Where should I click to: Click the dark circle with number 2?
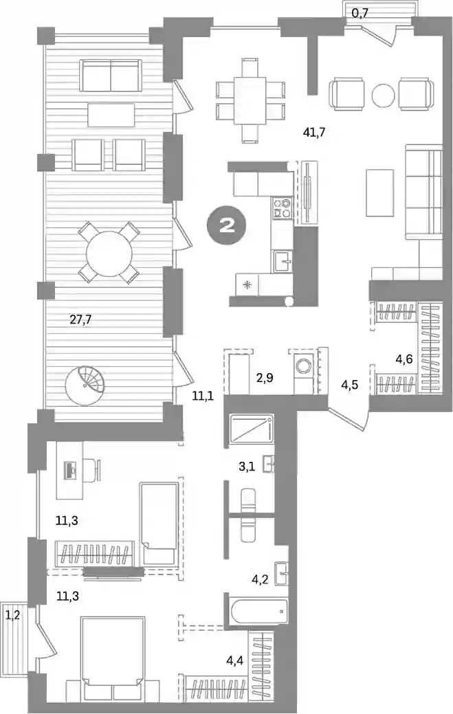[227, 225]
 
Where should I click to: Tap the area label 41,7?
[313, 133]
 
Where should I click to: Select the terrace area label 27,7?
[80, 320]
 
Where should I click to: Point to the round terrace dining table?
[109, 253]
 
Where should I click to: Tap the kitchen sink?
[283, 262]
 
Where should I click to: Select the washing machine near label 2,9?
[302, 366]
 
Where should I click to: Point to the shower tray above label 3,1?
[252, 429]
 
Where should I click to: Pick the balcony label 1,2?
[13, 616]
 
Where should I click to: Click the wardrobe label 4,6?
[404, 359]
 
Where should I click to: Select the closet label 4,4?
[235, 658]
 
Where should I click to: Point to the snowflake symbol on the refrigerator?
[247, 286]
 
